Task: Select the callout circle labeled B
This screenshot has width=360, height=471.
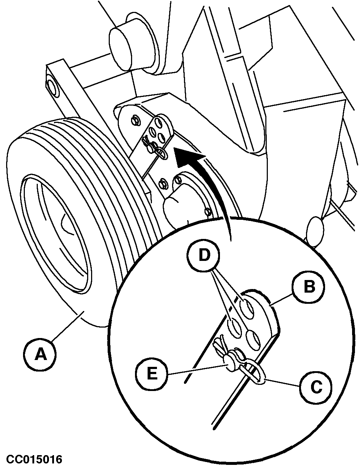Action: tap(308, 286)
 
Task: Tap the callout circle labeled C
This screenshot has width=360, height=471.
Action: tap(316, 387)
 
